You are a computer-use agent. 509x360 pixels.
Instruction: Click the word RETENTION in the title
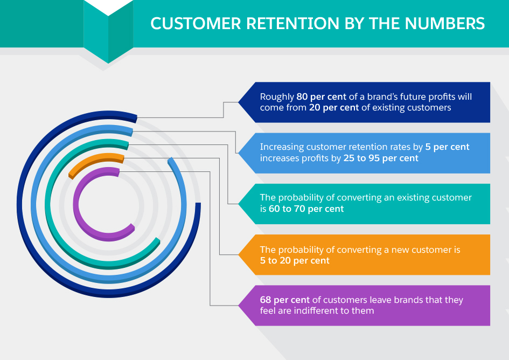[292, 23]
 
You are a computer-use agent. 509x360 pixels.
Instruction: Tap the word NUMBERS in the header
[445, 23]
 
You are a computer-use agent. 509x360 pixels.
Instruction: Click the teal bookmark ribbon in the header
[108, 31]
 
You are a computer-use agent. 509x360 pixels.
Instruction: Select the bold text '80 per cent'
[322, 97]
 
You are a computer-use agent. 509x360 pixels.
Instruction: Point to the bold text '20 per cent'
[334, 108]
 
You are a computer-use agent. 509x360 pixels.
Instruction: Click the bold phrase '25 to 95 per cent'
[381, 158]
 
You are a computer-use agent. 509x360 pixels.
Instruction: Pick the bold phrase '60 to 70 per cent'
[306, 209]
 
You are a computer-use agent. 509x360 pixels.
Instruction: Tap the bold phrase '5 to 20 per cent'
[295, 261]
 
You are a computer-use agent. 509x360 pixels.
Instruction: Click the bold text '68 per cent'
[285, 300]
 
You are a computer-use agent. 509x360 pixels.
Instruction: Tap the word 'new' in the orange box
[398, 250]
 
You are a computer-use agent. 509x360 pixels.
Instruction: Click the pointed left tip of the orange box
[239, 255]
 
